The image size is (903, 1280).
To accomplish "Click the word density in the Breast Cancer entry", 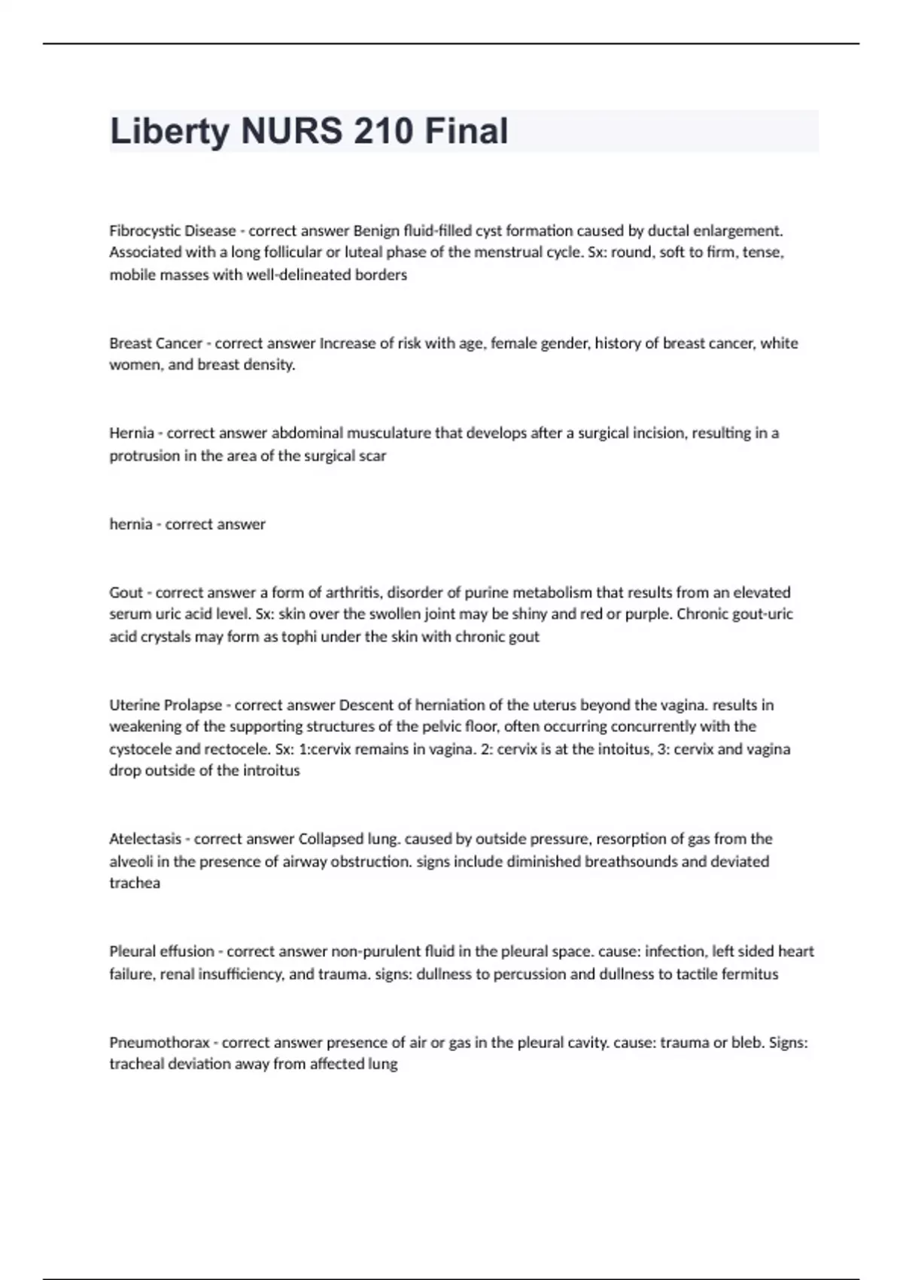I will point(268,365).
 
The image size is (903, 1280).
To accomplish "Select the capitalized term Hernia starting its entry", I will point(132,433).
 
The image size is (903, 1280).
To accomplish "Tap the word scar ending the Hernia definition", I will point(373,456).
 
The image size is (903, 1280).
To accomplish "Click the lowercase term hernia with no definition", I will point(131,524).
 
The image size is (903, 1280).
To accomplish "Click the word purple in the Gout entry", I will point(648,614).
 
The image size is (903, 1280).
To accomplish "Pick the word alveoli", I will point(130,861).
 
